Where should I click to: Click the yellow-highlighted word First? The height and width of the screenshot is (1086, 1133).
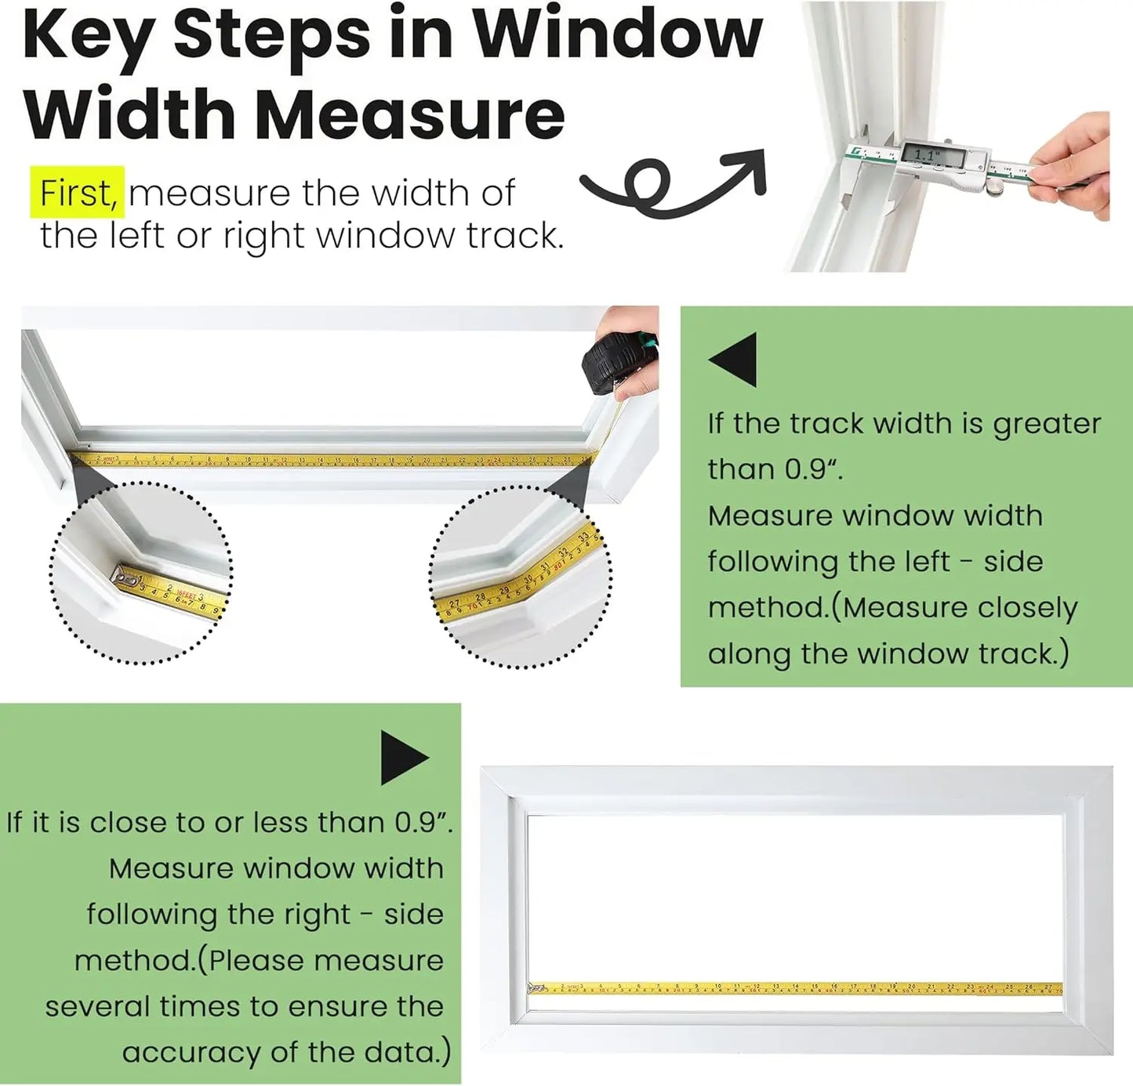coord(78,193)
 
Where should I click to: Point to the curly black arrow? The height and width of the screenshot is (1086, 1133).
coord(673,183)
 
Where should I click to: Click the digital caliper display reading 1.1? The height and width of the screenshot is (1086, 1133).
coord(931,154)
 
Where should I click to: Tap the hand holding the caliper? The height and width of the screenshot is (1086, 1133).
coord(1072,165)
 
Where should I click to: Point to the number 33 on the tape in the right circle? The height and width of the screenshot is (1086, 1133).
coord(583,538)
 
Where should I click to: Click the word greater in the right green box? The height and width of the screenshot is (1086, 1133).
coord(1047,424)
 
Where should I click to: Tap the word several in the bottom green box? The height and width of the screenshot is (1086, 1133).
coord(95,1006)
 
